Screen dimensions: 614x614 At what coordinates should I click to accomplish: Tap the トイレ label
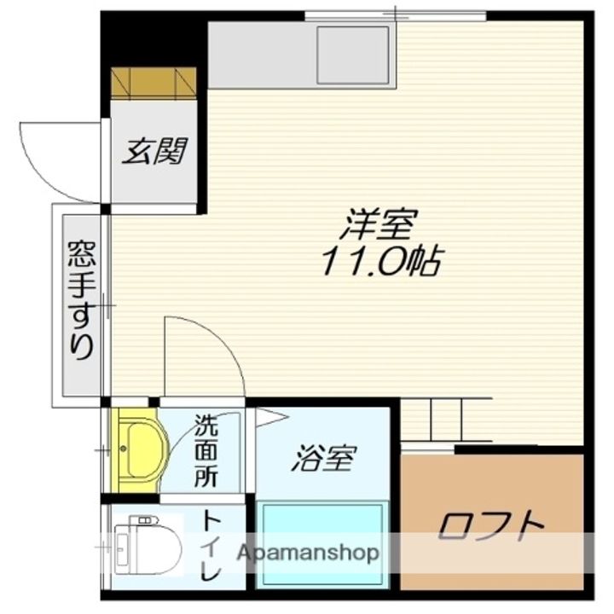tap(210, 547)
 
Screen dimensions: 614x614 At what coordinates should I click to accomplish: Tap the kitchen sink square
tap(352, 54)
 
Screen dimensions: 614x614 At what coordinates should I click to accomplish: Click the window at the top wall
tap(395, 14)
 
